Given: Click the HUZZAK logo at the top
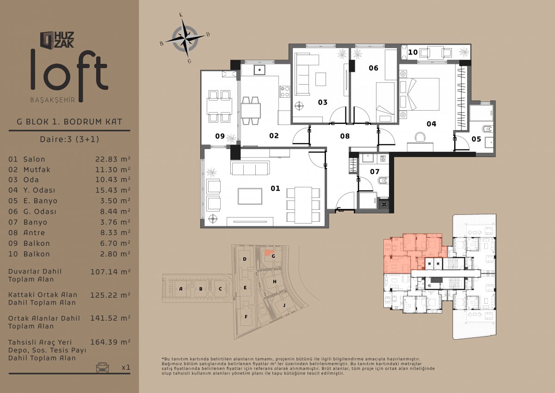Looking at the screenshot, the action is [57, 40].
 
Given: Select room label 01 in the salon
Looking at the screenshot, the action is [275, 188].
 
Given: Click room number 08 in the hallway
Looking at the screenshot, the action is [345, 136].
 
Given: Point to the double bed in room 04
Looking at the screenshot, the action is [419, 94].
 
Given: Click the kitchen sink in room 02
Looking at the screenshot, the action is [259, 70].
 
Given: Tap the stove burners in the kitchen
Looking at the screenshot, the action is [285, 91].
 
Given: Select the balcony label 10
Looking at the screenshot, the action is [413, 52].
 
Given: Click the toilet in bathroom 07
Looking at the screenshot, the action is [383, 180].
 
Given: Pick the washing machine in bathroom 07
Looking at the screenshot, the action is [383, 159].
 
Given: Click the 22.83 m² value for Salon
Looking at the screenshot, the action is [113, 159].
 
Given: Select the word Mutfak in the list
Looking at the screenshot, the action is [37, 169].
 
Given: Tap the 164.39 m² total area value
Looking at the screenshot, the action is [110, 342].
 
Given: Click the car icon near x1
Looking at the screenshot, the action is [102, 367].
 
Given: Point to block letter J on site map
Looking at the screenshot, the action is [284, 305].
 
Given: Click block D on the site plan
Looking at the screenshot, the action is [245, 259].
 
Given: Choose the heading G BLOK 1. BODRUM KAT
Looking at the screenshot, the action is [69, 122].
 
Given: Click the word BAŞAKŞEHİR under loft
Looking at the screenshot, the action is [53, 100].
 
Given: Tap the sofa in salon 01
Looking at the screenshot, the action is [250, 168].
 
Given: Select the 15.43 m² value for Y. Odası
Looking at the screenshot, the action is [113, 190].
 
